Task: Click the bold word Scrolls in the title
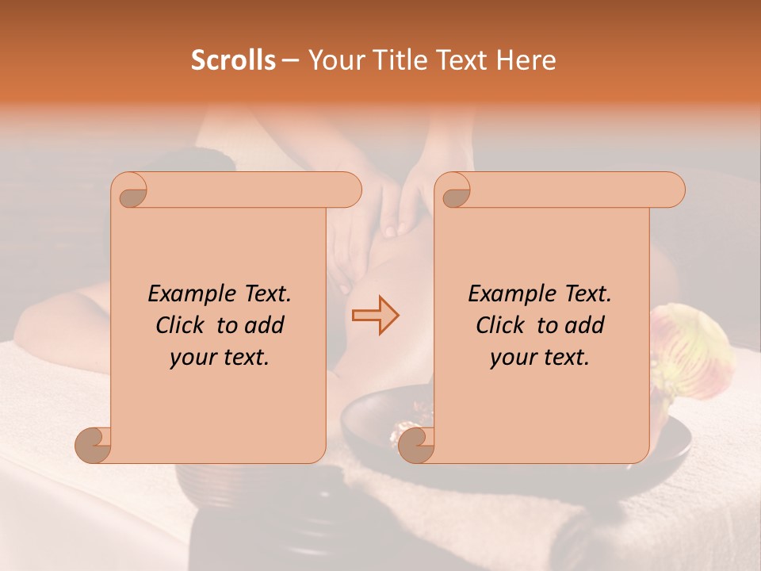pyautogui.click(x=233, y=60)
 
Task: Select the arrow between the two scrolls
pyautogui.click(x=375, y=316)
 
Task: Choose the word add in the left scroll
pyautogui.click(x=266, y=326)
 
